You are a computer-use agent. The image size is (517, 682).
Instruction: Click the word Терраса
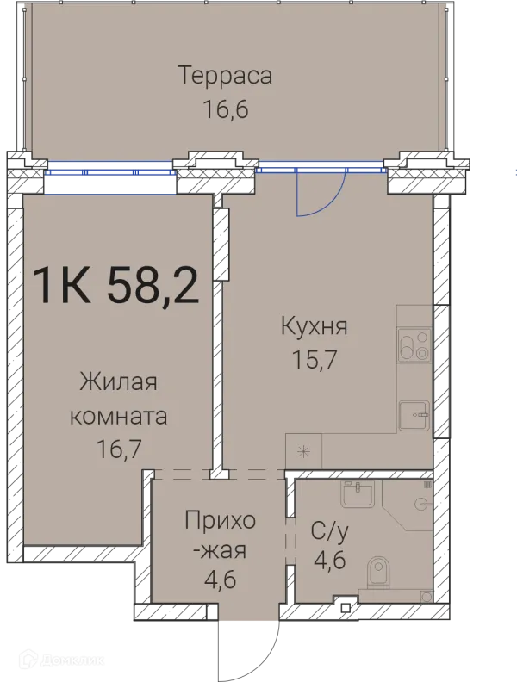click(226, 75)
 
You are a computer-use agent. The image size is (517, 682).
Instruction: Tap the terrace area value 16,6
click(226, 111)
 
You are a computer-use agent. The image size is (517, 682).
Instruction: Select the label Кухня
click(315, 326)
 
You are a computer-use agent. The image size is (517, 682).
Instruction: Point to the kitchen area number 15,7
click(315, 360)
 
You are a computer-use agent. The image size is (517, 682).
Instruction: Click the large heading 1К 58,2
click(115, 285)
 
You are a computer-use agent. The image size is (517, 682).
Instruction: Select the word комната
click(119, 415)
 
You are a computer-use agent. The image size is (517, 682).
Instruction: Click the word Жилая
click(119, 381)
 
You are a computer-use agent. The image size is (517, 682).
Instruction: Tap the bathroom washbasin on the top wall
click(357, 493)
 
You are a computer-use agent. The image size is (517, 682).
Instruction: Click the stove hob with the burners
click(414, 345)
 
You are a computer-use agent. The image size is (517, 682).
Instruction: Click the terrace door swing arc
click(321, 194)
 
